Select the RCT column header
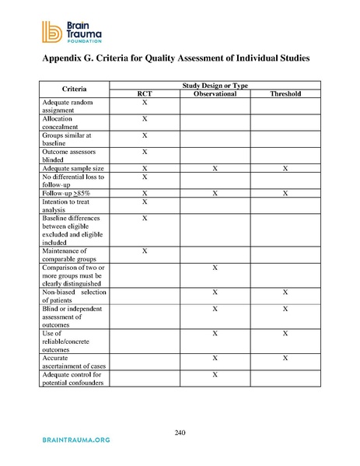pos(145,94)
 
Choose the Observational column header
pos(214,94)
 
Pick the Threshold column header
pos(285,94)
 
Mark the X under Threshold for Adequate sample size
pos(285,169)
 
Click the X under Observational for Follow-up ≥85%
pos(214,193)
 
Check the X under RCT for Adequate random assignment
pos(145,103)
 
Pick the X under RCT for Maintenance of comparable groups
pos(145,251)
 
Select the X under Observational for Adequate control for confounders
pos(214,375)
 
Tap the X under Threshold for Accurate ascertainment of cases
pos(285,358)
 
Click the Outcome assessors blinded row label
pos(68,156)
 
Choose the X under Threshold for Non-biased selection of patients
pos(285,293)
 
